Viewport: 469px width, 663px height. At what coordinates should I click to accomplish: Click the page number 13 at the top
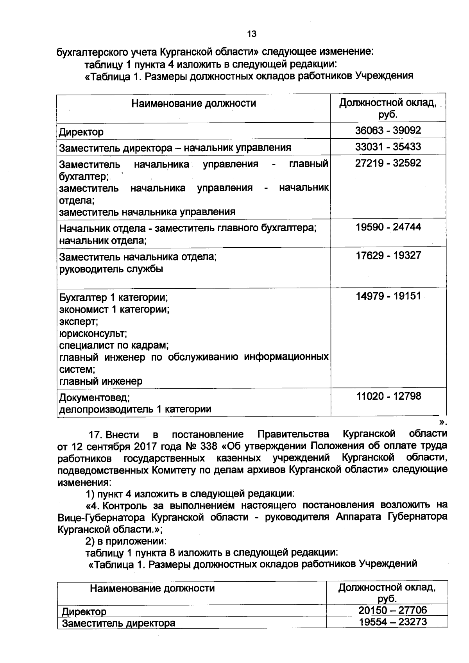coord(252,34)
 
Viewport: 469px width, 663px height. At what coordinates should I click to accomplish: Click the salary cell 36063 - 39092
coord(388,130)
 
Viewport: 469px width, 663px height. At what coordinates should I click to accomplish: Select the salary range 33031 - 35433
coord(388,147)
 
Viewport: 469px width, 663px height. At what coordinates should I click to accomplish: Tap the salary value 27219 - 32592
coord(388,163)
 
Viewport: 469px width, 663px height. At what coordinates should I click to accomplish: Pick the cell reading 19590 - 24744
coord(388,227)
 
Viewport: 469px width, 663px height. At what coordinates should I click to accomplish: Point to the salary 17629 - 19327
coord(388,256)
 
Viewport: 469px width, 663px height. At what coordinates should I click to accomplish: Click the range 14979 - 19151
coord(388,296)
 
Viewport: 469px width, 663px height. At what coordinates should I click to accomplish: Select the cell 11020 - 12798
coord(388,396)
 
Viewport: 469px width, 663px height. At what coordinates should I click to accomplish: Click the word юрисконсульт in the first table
coord(93,334)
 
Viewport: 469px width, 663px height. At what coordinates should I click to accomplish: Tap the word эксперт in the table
coord(78,322)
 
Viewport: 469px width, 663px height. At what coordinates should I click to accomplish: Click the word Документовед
coord(94,398)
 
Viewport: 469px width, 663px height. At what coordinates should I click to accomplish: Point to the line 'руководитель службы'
coord(111,269)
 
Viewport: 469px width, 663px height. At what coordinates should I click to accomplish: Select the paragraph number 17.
coord(95,434)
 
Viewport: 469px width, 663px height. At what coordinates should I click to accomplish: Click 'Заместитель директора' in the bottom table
coord(118,623)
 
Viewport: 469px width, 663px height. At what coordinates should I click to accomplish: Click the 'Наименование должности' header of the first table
coord(193,104)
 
